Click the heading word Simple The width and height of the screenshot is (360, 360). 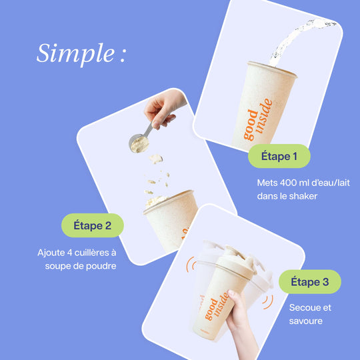(75, 54)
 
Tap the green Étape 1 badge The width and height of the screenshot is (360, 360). (279, 156)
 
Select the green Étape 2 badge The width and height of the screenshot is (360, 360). (93, 225)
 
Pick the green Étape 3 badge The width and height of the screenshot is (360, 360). (310, 282)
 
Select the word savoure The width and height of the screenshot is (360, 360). (306, 321)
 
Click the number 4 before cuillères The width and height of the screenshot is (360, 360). (69, 253)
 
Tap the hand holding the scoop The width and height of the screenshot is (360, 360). (164, 108)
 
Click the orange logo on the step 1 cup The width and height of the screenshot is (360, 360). (258, 119)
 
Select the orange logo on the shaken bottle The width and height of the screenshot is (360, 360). (217, 306)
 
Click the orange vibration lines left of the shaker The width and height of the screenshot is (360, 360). (191, 265)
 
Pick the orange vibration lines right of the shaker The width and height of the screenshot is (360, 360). (268, 302)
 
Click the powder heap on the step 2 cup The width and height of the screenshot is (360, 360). (156, 201)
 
